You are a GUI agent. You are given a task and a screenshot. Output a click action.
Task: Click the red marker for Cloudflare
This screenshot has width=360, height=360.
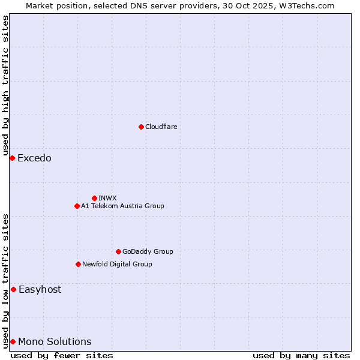(x=141, y=127)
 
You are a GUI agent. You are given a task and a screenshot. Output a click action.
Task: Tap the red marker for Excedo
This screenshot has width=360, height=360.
(x=12, y=158)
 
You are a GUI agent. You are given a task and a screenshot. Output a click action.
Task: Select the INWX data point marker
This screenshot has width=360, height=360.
(x=94, y=198)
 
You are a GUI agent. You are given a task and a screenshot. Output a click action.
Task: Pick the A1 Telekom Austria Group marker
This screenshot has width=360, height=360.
(x=77, y=206)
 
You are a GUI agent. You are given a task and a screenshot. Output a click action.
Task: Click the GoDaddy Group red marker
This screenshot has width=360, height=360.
(x=118, y=251)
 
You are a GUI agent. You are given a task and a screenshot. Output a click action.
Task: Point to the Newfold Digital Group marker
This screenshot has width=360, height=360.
(x=78, y=264)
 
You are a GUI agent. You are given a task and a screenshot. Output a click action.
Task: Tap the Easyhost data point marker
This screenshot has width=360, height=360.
(x=13, y=289)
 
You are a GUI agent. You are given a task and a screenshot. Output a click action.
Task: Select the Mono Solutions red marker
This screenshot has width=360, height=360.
(x=13, y=341)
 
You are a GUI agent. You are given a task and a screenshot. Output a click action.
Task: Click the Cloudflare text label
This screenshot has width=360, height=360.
(x=161, y=127)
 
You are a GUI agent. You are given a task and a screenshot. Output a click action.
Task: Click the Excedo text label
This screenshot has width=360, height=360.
(x=34, y=158)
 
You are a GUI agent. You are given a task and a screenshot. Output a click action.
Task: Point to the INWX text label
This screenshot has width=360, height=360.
(x=107, y=198)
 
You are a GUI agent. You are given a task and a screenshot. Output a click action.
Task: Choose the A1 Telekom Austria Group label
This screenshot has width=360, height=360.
(x=122, y=206)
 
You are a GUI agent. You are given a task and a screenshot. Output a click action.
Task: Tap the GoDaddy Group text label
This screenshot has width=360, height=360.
(x=148, y=251)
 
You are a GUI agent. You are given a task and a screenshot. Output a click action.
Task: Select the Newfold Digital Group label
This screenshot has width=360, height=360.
(x=117, y=264)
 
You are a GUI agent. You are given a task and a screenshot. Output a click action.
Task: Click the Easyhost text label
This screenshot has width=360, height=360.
(x=40, y=289)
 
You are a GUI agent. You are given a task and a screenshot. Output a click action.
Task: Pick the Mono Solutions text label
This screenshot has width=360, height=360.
(x=55, y=342)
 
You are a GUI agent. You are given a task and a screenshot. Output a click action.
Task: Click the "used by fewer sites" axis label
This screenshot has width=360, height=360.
(x=62, y=356)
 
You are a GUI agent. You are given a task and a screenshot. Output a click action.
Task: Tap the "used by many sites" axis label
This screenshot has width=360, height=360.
(x=301, y=356)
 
